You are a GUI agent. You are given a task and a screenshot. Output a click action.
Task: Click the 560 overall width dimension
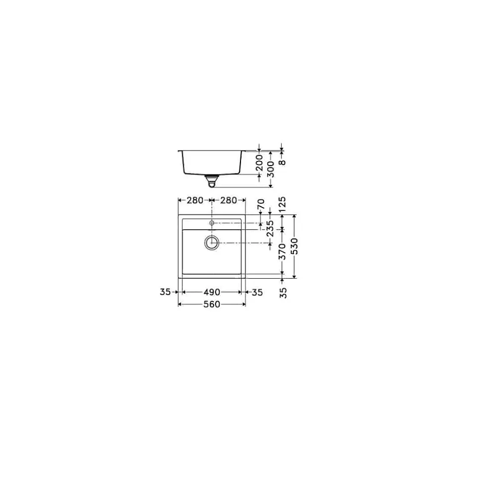(212, 305)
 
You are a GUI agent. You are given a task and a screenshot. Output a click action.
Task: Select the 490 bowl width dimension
(212, 293)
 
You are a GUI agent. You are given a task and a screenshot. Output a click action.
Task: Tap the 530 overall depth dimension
(294, 246)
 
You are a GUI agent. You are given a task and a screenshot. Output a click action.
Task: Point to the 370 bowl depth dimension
(282, 252)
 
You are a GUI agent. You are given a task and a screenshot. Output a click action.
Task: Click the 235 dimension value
(270, 229)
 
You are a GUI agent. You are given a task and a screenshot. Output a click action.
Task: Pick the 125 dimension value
(282, 205)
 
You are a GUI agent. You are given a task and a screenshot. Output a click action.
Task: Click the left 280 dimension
(195, 200)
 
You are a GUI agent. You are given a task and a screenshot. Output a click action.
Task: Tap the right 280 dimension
(228, 200)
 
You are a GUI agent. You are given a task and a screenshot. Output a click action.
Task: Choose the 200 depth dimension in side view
(259, 163)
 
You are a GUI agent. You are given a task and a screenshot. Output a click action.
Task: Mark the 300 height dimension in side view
(270, 169)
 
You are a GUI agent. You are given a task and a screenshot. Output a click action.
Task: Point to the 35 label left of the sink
(166, 293)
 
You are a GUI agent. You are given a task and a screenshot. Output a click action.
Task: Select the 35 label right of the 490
(256, 293)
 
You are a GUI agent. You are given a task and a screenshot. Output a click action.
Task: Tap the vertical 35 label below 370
(283, 292)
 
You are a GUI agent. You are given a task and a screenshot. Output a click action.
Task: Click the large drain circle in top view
(212, 243)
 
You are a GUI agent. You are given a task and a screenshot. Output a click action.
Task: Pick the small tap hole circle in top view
(212, 222)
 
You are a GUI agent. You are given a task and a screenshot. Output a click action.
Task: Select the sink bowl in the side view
(212, 162)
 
